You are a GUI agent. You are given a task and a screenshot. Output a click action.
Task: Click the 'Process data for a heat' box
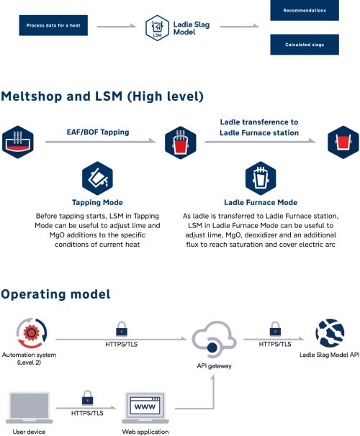(x=53, y=25)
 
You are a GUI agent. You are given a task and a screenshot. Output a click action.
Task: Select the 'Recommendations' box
(x=305, y=10)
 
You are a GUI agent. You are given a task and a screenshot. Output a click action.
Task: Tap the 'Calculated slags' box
(x=305, y=45)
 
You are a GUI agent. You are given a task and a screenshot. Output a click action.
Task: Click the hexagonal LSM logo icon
(x=157, y=28)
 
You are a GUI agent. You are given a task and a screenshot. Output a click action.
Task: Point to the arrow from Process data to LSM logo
(x=117, y=26)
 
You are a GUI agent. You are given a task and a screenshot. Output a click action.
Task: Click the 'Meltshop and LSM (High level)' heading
(x=102, y=96)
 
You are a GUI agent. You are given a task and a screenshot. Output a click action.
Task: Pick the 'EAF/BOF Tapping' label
(x=98, y=132)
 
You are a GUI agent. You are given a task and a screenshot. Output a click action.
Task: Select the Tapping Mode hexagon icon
(x=97, y=178)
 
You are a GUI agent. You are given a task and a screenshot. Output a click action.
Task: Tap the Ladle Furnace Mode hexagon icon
(x=261, y=178)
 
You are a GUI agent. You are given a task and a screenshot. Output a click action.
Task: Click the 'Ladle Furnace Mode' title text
(x=261, y=202)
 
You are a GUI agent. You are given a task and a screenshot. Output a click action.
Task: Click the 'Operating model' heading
(x=55, y=294)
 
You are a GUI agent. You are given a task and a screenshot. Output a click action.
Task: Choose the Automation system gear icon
(x=32, y=333)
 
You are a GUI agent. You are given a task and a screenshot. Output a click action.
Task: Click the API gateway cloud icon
(x=214, y=340)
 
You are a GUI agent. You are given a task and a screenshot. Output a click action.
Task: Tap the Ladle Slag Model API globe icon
(x=330, y=333)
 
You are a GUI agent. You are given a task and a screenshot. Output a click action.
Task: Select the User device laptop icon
(x=30, y=408)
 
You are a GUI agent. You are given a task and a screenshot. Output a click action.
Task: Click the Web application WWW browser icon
(x=145, y=408)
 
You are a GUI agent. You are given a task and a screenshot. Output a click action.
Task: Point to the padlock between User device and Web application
(x=87, y=398)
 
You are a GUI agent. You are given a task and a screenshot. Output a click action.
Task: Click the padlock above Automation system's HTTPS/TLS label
(x=122, y=330)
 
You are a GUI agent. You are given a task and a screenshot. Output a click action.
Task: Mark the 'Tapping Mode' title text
(x=97, y=202)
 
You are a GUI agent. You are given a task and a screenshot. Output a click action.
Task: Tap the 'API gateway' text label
(x=215, y=366)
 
